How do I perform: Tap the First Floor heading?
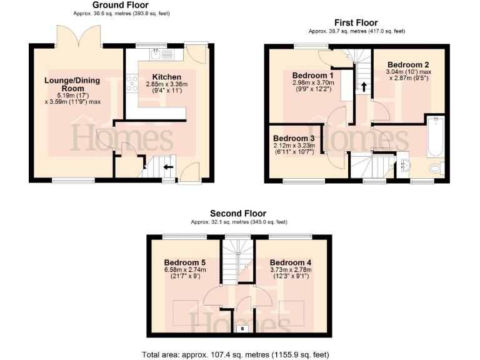tap(356, 23)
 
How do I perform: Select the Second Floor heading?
tap(237, 213)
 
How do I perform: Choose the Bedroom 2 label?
tap(407, 65)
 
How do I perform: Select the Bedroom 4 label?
tap(291, 262)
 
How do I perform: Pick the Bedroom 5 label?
tap(184, 262)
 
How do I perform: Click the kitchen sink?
tap(160, 54)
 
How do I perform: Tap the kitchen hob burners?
tap(132, 83)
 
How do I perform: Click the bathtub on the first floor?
tap(434, 137)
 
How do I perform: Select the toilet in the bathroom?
tap(437, 168)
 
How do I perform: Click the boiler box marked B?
tap(242, 327)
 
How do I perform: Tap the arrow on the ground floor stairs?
tap(167, 167)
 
